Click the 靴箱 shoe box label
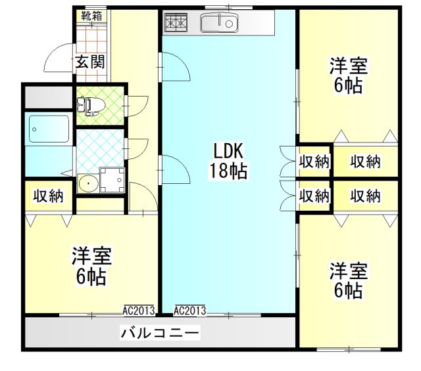(x=91, y=16)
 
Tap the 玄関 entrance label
(x=89, y=62)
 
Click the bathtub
(x=49, y=129)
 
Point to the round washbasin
(x=88, y=184)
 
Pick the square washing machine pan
(x=112, y=180)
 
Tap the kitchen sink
(x=219, y=23)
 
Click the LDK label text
(x=228, y=150)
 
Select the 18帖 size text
(x=228, y=171)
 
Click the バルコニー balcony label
(x=160, y=333)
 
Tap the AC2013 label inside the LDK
(x=190, y=311)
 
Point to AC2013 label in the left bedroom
(x=139, y=311)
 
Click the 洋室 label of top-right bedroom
(x=348, y=66)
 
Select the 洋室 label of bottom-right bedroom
(x=348, y=271)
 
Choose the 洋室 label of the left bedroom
(x=91, y=256)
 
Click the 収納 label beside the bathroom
(x=48, y=196)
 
